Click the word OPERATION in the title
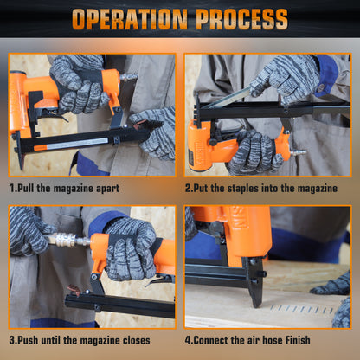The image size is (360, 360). coord(130,19)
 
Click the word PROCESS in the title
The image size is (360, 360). coord(241,19)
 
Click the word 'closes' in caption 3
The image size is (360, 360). coord(137,340)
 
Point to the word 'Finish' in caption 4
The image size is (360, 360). coord(298,340)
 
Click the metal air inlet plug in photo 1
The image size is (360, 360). coord(129,77)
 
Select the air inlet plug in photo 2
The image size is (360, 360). coord(298,152)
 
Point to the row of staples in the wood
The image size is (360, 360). coord(302,310)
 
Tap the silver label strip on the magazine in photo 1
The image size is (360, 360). coord(77,144)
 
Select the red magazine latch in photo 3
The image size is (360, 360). coord(74,289)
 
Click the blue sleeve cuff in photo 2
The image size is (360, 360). coord(326,75)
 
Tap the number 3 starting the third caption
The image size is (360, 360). coord(12,340)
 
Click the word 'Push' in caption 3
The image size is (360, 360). coord(28,340)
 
